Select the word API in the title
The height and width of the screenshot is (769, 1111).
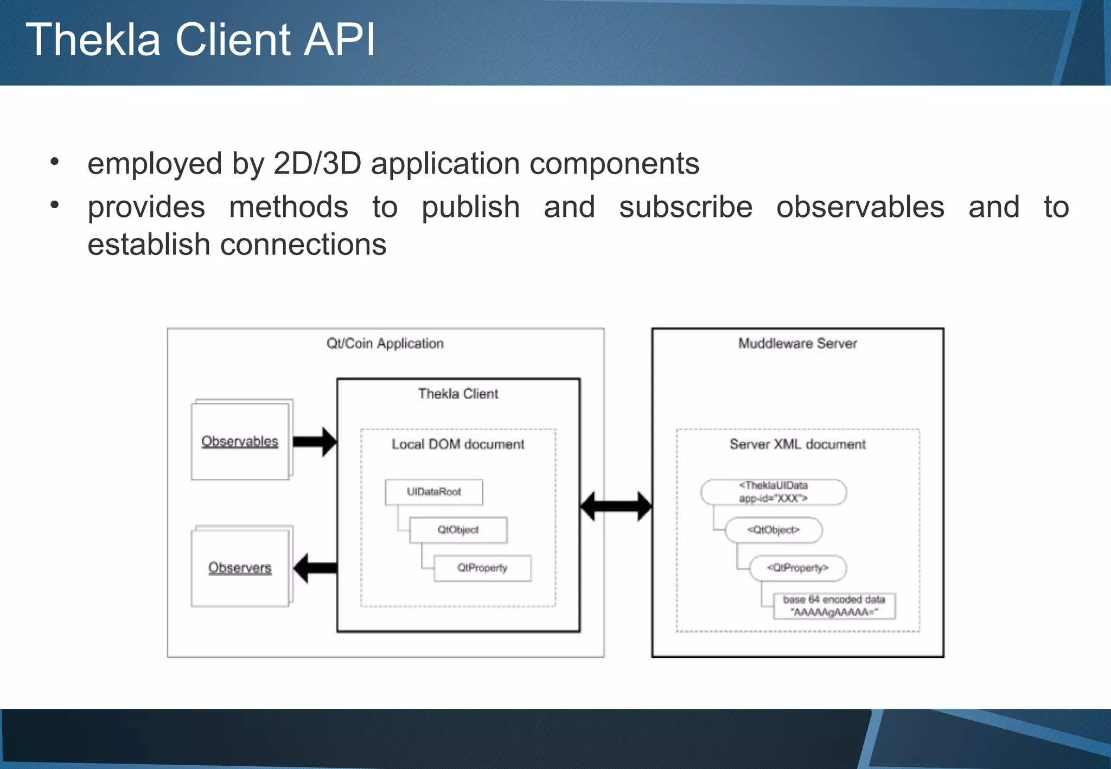339,40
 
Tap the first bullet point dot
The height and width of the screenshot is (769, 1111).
54,162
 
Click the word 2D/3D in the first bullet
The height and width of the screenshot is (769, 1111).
317,163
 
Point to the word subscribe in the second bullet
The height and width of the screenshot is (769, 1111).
686,207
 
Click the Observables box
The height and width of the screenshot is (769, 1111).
240,441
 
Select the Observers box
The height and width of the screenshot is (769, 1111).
240,568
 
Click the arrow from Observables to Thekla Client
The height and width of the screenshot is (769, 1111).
315,441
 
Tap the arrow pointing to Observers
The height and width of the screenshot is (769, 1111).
315,568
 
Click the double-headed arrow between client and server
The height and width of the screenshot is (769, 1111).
616,507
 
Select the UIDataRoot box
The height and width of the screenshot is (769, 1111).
434,492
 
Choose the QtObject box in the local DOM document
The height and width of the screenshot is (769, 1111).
458,530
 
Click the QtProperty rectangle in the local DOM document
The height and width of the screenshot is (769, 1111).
482,568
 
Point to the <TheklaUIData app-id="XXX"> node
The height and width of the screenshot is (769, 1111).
773,492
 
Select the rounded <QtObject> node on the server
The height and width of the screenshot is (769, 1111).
773,530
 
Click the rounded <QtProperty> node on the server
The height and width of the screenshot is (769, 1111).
797,568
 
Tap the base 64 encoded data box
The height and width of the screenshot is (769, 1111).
834,606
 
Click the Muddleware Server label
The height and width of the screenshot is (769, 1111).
797,343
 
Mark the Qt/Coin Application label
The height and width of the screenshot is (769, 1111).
385,343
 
